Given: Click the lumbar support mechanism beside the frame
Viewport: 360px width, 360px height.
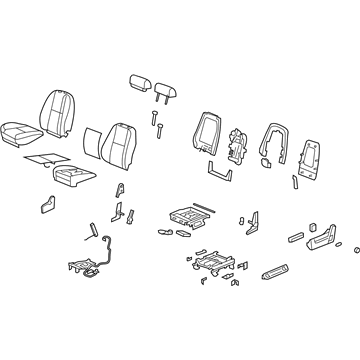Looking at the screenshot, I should (x=240, y=144).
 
